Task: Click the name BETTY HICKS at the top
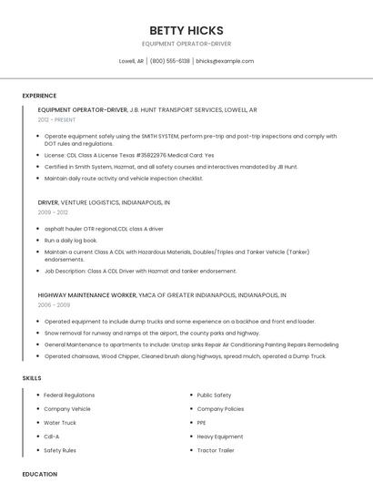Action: click(186, 30)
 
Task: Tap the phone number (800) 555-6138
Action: click(170, 61)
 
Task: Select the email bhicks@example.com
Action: click(225, 61)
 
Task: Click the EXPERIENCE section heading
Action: click(39, 96)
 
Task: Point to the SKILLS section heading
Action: click(32, 377)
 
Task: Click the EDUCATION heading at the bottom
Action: click(39, 474)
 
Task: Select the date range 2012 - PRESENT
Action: click(57, 119)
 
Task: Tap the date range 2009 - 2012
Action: click(52, 211)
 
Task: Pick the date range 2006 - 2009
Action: click(54, 305)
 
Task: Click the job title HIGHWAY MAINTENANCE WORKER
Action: click(86, 295)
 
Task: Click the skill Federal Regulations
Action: click(69, 396)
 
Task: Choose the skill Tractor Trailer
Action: click(216, 450)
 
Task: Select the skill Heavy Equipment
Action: click(219, 437)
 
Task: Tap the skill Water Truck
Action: click(60, 423)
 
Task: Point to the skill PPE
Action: click(202, 423)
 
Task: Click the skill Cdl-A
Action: click(52, 437)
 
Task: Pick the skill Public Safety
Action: click(214, 396)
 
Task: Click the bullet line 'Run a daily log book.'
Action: click(71, 240)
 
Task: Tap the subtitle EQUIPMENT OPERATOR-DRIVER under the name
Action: click(186, 43)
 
